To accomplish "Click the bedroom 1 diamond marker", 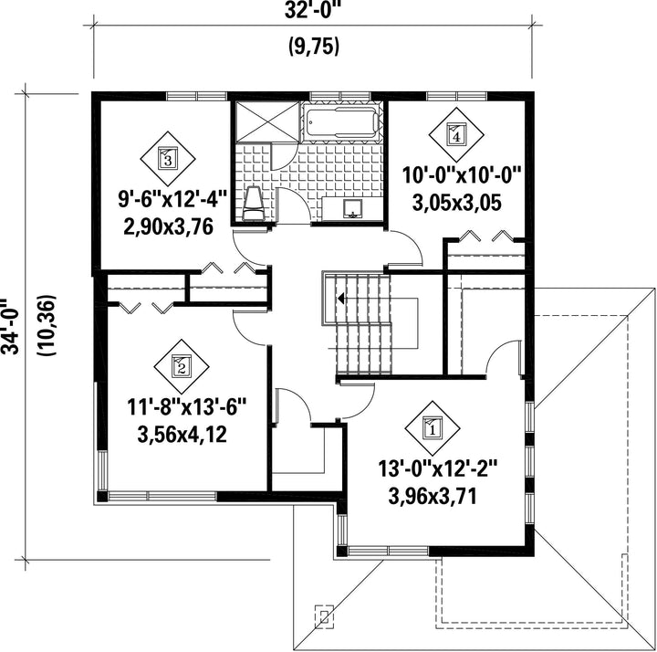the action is pos(432,428).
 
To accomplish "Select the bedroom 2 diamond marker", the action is pos(182,366).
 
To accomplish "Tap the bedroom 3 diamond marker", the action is pos(168,159).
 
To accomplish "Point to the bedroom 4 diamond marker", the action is pos(456,134).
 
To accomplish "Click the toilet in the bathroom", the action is pos(253,204).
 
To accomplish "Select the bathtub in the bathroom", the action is pos(340,122).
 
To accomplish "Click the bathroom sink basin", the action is pos(353,208).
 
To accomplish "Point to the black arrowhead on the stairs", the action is pos(340,298).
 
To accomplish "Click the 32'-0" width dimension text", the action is pos(311,11).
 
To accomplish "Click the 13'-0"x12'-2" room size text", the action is pos(437,469).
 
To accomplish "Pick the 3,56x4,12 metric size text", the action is pos(182,435).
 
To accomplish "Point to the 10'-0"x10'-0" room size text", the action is pos(462,175).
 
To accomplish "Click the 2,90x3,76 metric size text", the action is pos(169,226).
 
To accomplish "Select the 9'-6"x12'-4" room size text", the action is pos(172,198).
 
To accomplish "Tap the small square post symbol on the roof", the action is pos(324,616).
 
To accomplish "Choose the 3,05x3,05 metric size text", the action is pos(457,204).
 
